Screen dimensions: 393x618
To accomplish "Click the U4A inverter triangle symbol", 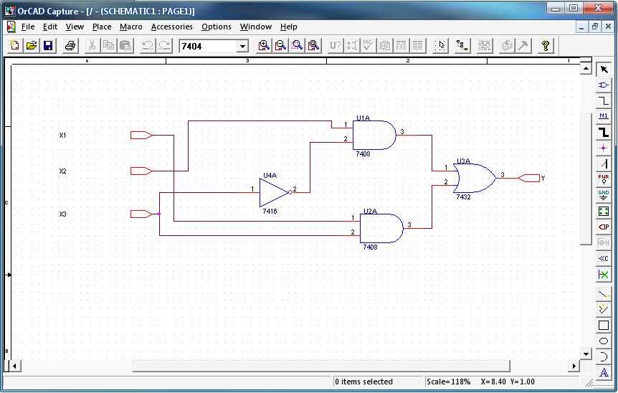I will [x=273, y=192].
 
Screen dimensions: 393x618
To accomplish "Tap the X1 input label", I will [x=62, y=136].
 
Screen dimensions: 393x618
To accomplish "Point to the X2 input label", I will [x=62, y=171].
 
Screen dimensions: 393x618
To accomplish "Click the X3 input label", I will [x=62, y=214].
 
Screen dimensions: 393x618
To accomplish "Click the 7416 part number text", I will [x=270, y=212].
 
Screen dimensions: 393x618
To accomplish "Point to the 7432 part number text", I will [x=462, y=196].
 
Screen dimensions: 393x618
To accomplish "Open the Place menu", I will [x=102, y=27].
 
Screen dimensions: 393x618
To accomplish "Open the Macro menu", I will [x=131, y=27].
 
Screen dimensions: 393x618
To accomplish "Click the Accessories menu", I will [x=171, y=27].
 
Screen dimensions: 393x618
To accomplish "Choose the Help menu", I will [x=289, y=27].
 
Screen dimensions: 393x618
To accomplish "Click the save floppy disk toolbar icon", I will [x=48, y=46].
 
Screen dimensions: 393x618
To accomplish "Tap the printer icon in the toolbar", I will [x=70, y=46].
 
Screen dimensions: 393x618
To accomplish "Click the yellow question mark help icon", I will [x=546, y=46].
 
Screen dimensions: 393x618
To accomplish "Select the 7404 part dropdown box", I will [x=213, y=46].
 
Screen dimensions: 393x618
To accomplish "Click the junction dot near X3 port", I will [x=159, y=214].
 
